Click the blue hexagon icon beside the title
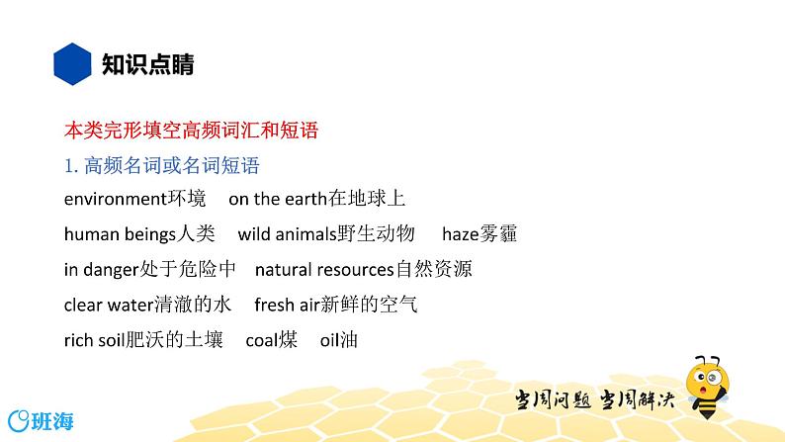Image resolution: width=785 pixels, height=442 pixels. point(70,65)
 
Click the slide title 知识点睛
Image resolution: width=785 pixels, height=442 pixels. point(148,65)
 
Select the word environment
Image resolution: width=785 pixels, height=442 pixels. point(113,199)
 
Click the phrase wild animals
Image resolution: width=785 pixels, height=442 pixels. point(286,234)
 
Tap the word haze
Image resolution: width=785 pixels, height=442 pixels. point(460,234)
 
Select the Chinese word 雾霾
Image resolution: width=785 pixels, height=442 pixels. point(497,234)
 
